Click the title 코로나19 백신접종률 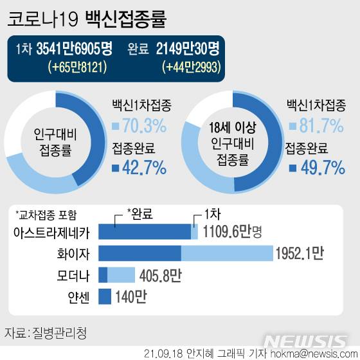click(x=87, y=19)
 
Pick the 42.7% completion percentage click(x=139, y=168)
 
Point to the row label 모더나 click(x=73, y=276)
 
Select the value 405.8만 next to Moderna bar click(x=159, y=276)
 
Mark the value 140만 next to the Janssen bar click(x=132, y=298)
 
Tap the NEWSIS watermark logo click(x=307, y=341)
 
